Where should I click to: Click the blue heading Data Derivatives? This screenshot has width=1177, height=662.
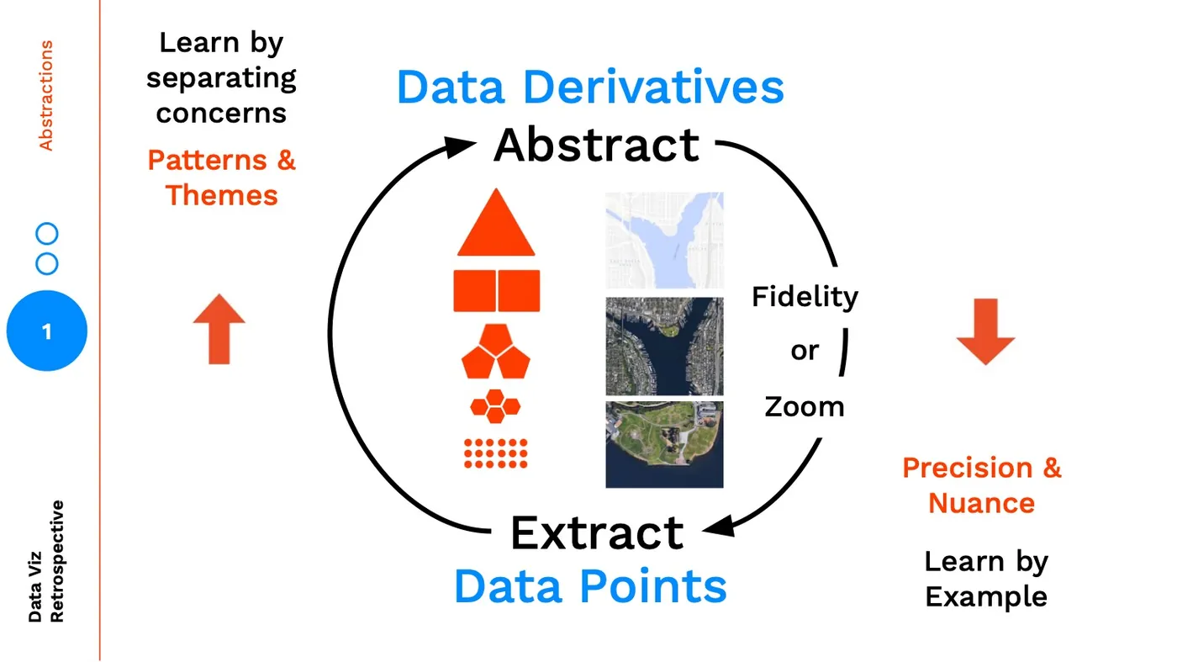coord(590,87)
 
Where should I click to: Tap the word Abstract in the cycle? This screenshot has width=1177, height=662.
coord(596,145)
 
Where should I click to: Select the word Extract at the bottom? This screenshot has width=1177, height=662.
coord(597,532)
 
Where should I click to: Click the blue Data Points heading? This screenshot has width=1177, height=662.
coord(590,585)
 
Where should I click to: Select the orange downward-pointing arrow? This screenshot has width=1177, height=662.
coord(985,331)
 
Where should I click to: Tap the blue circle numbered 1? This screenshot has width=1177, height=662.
coord(47,331)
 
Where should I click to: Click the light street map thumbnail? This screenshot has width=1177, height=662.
coord(664,240)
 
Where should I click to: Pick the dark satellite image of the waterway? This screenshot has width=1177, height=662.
coord(664,346)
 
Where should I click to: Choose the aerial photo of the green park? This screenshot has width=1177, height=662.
coord(664,444)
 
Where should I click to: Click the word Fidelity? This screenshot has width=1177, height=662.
coord(805,297)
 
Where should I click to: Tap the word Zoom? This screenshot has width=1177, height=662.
coord(805,407)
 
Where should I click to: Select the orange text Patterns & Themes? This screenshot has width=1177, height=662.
coord(222,177)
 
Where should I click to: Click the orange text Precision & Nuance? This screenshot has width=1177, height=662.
coord(982,485)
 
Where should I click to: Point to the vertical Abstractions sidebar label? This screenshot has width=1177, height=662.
coord(46,95)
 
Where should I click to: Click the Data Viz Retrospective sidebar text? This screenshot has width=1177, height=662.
coord(46,561)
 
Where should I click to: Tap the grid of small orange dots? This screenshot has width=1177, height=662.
coord(496,453)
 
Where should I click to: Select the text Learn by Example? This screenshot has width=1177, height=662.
coord(986,579)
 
